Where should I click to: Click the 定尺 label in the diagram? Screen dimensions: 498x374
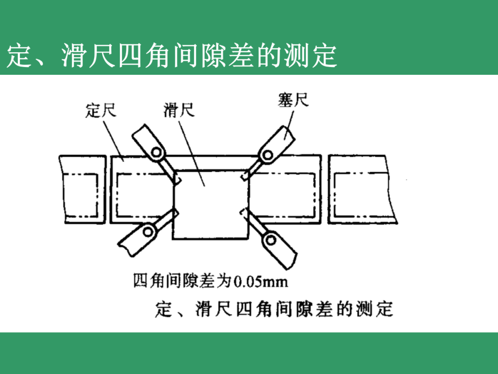click(x=101, y=111)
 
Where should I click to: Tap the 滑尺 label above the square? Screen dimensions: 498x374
click(x=178, y=111)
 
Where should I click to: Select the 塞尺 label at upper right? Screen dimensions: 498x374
click(x=293, y=100)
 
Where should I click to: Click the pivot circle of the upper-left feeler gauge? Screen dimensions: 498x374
click(x=157, y=152)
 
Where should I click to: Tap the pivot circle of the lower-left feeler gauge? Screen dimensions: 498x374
click(x=149, y=231)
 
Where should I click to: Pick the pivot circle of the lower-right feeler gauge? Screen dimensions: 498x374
click(x=270, y=239)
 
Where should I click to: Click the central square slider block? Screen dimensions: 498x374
click(x=210, y=203)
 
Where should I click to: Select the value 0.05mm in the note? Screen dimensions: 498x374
click(x=261, y=281)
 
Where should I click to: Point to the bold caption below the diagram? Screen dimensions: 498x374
click(x=274, y=309)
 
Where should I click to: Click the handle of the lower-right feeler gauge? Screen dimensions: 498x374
click(x=283, y=252)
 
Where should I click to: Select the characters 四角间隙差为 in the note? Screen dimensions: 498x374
click(x=182, y=281)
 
